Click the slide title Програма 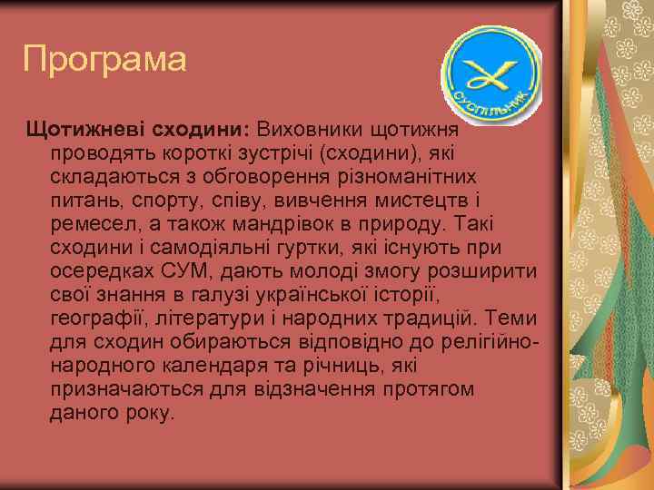(x=104, y=60)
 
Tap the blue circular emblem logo (x=490, y=72)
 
